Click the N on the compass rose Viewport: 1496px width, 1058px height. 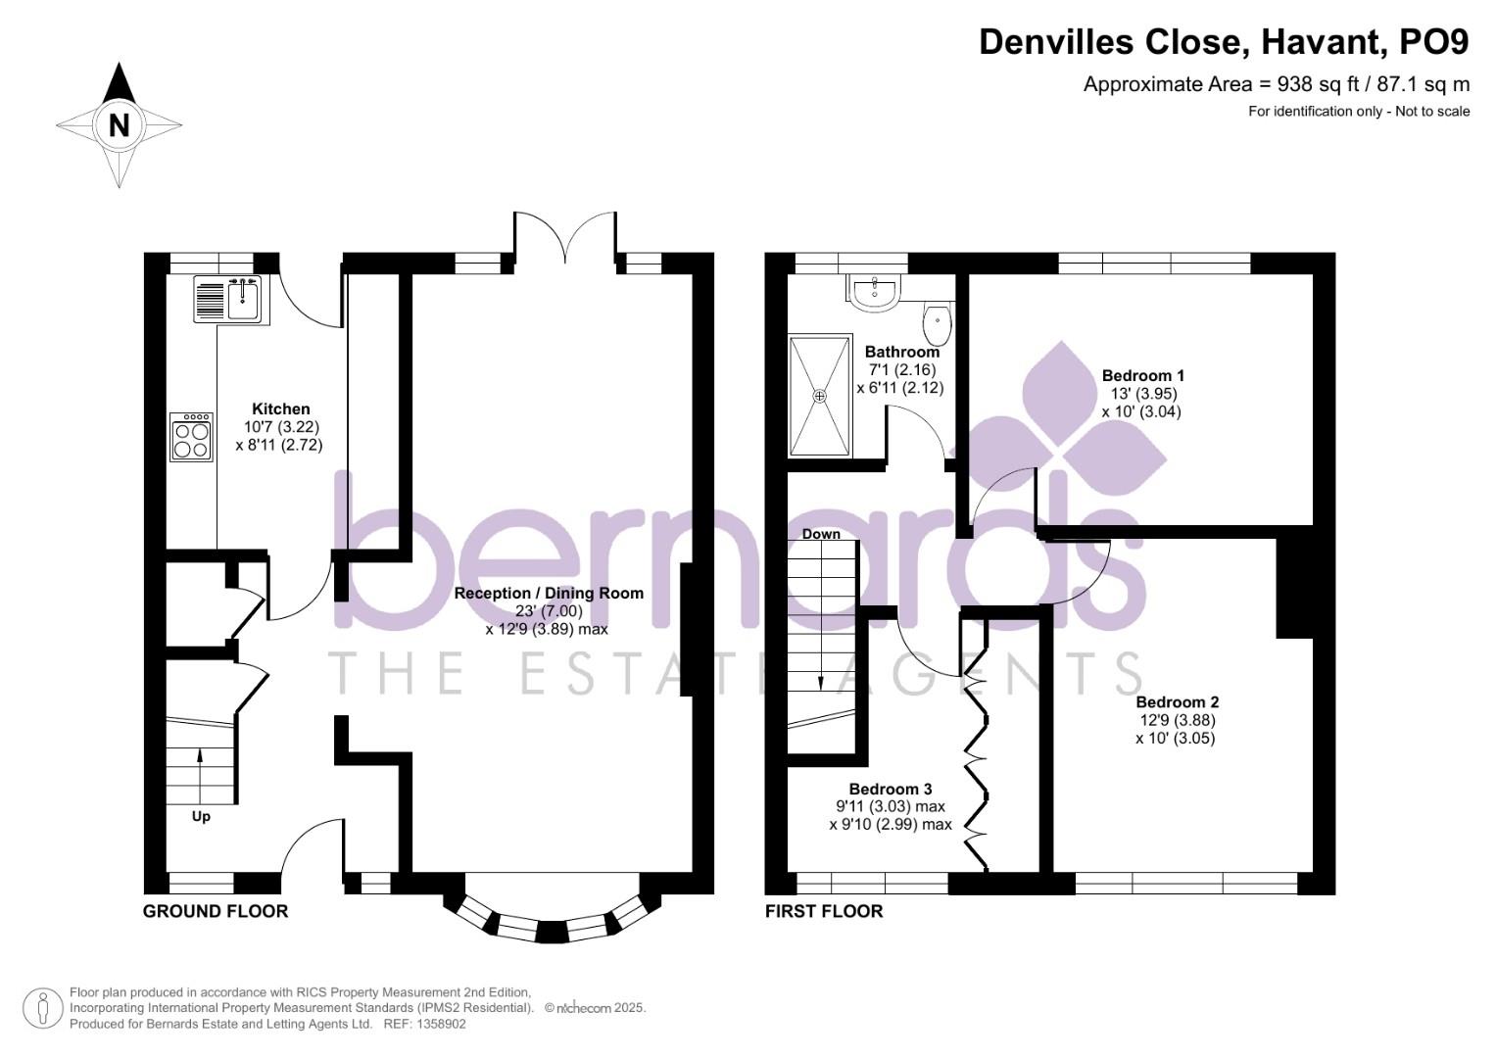(119, 125)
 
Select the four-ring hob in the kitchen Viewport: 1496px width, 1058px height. (191, 436)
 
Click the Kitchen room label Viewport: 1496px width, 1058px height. (280, 409)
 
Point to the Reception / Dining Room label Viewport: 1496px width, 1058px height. (549, 594)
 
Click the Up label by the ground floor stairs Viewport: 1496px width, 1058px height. (201, 816)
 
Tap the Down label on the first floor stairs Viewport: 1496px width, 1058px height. (821, 534)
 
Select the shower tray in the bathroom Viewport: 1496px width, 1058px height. (820, 396)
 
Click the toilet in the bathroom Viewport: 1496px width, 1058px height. (937, 318)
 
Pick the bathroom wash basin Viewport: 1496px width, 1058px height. (873, 292)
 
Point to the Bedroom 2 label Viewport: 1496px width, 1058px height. (1177, 702)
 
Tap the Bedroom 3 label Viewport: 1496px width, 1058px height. (890, 790)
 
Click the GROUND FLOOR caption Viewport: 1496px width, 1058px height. (216, 911)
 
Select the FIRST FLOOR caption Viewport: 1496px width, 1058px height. (824, 911)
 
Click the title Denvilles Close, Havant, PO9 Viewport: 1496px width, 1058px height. (1224, 42)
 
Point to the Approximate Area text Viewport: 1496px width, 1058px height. (1276, 84)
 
